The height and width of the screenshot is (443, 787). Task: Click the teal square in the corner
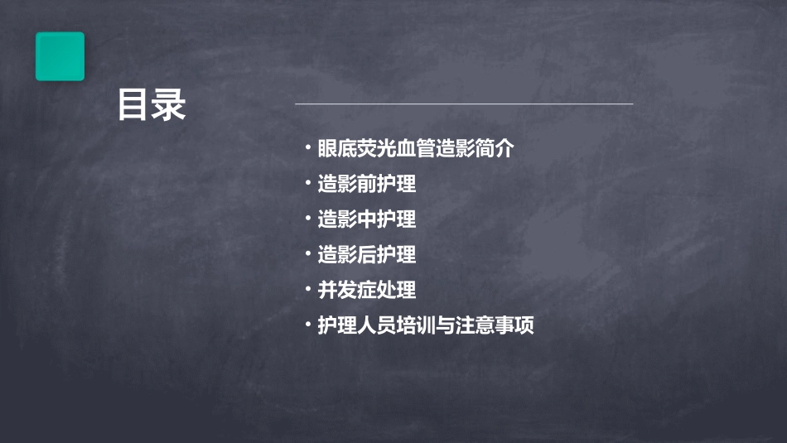pos(60,56)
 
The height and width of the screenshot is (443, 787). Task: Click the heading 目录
pos(152,106)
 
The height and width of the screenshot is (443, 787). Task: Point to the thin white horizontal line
pos(464,104)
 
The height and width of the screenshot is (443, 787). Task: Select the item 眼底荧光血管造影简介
pos(416,149)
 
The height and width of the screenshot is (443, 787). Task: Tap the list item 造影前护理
pos(366,184)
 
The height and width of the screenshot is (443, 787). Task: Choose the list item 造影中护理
pos(366,219)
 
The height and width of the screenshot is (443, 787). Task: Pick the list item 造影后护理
pos(366,255)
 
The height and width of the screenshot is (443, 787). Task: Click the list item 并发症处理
pos(366,290)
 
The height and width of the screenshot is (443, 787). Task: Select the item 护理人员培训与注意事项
pos(426,325)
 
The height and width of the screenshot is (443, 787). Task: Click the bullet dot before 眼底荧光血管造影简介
pos(307,148)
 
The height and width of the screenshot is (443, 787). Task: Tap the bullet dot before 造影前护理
pos(307,183)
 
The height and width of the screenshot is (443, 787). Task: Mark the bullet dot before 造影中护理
pos(307,219)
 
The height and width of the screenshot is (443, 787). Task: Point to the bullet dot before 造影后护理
pos(307,254)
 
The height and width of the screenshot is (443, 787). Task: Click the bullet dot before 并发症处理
pos(307,289)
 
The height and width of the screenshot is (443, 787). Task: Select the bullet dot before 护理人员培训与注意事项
pos(307,325)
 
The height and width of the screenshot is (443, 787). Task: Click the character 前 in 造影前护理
pos(367,184)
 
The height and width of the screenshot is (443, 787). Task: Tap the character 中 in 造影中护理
pos(367,219)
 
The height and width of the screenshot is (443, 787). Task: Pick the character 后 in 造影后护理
pos(367,255)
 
